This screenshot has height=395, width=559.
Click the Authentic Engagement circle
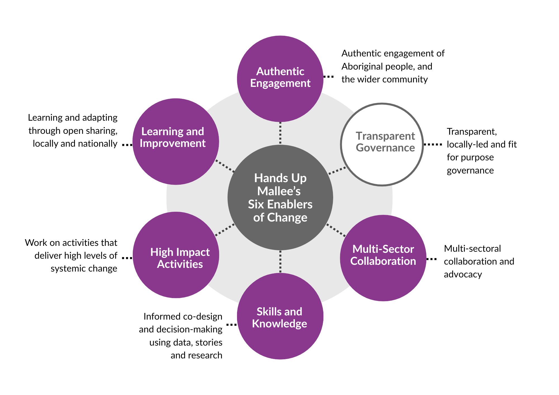(x=280, y=79)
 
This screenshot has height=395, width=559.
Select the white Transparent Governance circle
(x=382, y=144)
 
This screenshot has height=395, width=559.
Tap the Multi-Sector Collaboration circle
(x=383, y=258)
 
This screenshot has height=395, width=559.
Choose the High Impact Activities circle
(x=176, y=255)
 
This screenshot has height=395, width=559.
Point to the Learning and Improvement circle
(x=176, y=141)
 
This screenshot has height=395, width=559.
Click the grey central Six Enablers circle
(x=280, y=197)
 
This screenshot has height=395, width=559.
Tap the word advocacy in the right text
(x=463, y=274)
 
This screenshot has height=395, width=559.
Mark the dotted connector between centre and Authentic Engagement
(x=280, y=133)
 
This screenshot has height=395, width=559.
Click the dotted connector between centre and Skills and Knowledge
(x=280, y=262)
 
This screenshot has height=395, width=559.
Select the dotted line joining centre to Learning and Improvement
(x=225, y=166)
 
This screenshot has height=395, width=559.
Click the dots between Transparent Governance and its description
(x=433, y=144)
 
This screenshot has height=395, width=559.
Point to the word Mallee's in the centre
(x=279, y=191)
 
